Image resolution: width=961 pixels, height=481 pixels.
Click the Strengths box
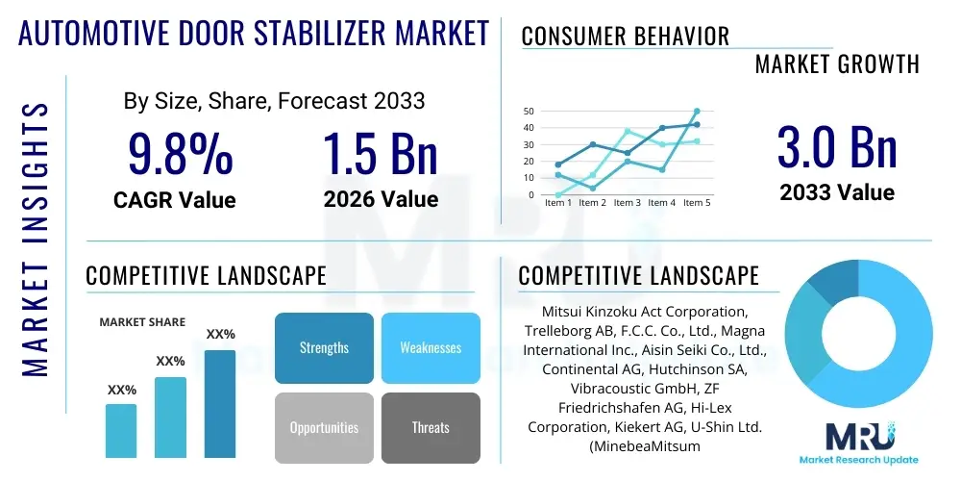324,347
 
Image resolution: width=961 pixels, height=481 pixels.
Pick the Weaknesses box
430,347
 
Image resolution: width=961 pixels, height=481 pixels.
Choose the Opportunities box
324,427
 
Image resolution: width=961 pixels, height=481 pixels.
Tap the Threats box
430,427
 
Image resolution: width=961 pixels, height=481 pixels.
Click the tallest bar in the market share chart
220,404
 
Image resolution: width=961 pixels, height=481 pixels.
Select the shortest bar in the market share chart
121,430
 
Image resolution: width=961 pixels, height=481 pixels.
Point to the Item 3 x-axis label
627,203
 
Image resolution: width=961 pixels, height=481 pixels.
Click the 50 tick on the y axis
529,112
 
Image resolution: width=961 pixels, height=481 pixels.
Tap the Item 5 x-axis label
696,203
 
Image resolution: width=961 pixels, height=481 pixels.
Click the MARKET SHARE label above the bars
142,322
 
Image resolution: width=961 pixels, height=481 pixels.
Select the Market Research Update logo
858,442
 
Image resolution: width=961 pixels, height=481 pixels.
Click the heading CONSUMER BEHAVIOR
625,37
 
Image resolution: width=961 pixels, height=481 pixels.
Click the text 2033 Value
836,192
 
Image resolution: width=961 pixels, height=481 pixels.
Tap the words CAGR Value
174,200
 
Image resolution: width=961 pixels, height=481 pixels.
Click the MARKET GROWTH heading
836,64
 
